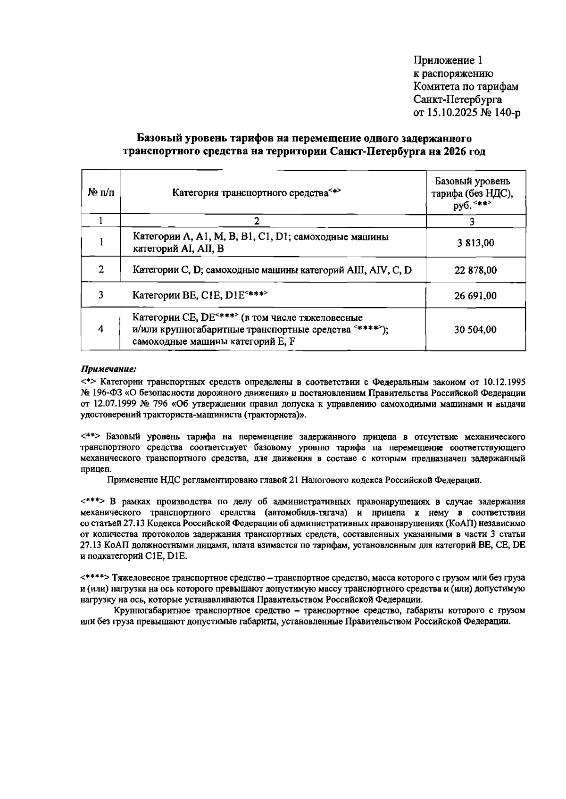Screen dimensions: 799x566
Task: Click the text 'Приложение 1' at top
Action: click(x=448, y=60)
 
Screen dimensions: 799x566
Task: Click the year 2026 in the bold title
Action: click(x=454, y=152)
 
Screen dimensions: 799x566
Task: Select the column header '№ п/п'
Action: click(x=101, y=192)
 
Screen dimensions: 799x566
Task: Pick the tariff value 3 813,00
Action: click(x=475, y=243)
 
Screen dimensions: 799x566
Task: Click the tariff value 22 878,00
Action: click(x=475, y=270)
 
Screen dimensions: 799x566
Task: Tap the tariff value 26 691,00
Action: click(x=475, y=296)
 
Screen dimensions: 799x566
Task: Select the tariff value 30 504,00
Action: click(x=475, y=330)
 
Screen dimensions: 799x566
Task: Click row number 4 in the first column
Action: click(x=101, y=329)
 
